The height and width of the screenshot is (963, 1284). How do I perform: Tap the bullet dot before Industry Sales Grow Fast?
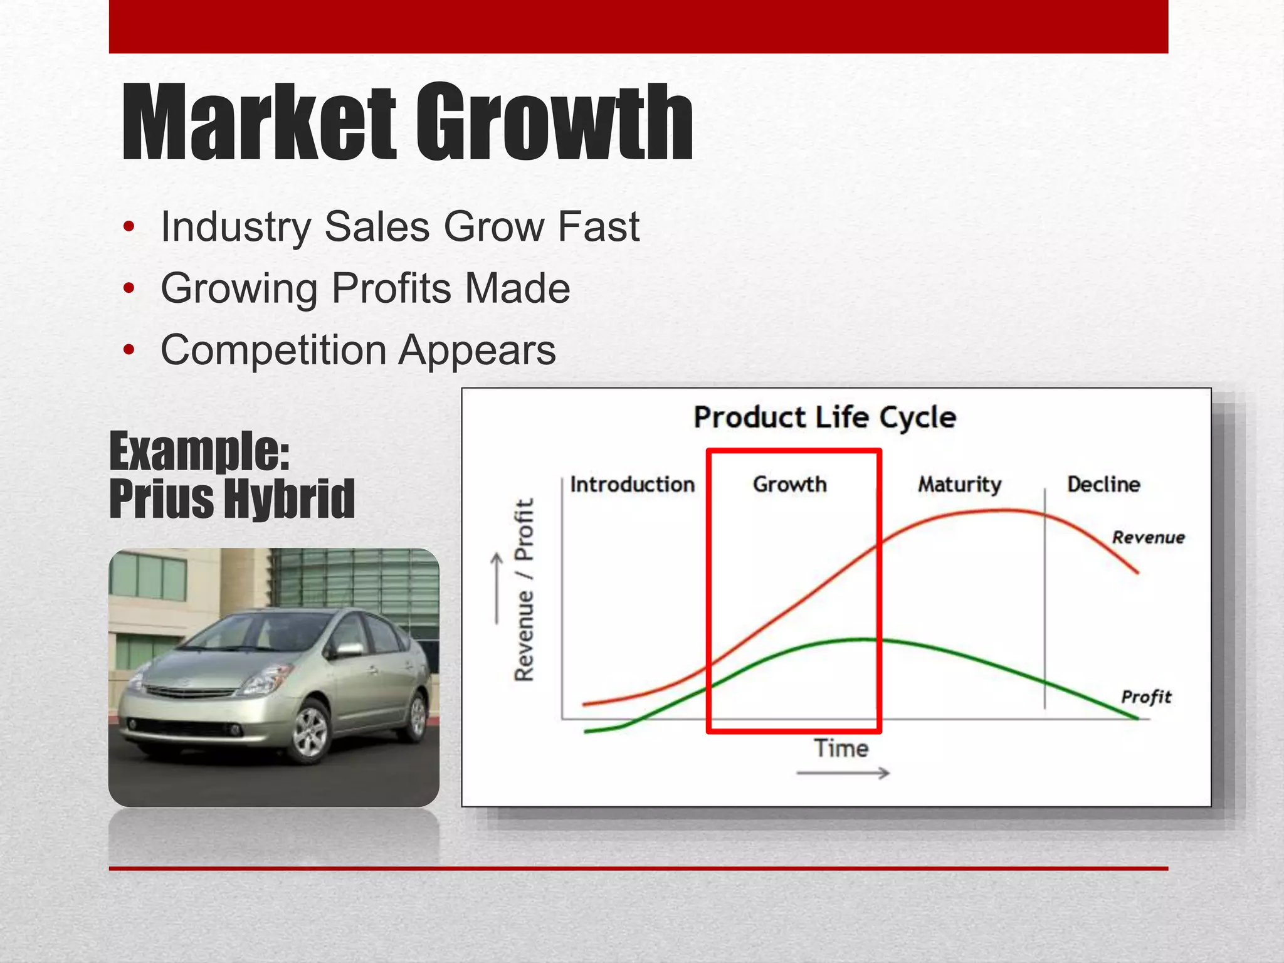click(129, 226)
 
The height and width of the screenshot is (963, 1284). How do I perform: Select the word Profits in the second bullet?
click(391, 288)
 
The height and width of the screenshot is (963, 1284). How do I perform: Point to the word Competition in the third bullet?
click(273, 349)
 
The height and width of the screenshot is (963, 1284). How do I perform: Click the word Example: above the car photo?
click(199, 451)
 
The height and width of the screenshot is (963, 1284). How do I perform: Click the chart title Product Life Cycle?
click(824, 418)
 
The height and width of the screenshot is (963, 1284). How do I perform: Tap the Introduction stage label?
click(632, 485)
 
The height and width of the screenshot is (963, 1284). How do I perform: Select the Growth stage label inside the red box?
click(789, 485)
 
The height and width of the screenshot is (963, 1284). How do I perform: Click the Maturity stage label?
click(959, 485)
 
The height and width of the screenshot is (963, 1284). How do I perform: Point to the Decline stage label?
click(1103, 485)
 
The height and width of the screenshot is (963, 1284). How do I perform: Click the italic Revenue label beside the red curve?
click(1148, 537)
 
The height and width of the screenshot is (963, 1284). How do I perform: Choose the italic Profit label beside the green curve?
click(1146, 697)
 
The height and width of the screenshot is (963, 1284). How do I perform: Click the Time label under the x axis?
click(841, 749)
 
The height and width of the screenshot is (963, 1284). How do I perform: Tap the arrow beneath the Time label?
click(843, 773)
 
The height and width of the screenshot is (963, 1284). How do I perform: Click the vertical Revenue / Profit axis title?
click(524, 589)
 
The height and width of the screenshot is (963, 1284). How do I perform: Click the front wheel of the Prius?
click(311, 731)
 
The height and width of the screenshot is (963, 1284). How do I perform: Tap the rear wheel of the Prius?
click(416, 715)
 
